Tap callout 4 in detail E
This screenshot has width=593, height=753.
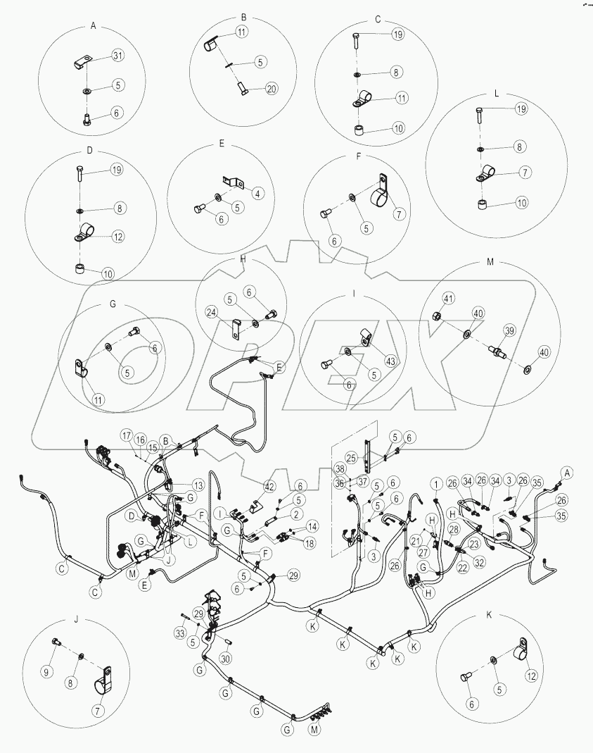259,193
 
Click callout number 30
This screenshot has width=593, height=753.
226,658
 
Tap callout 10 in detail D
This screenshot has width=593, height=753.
108,273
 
